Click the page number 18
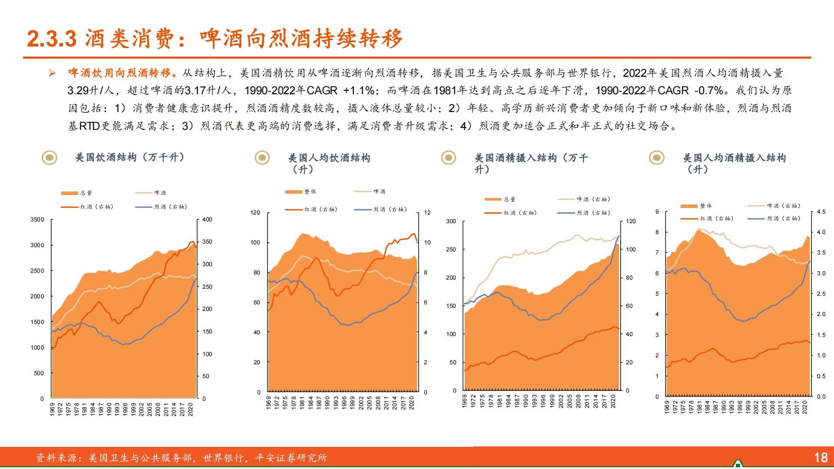click(821, 457)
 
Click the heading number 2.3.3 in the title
click(52, 39)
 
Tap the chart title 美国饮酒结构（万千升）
click(130, 157)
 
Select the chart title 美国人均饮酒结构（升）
click(329, 163)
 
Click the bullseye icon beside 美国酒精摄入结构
click(448, 158)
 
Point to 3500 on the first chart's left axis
click(37, 220)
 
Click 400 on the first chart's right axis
click(207, 220)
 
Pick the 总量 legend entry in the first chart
click(77, 193)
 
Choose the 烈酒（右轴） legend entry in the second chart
click(381, 209)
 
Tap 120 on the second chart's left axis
click(255, 213)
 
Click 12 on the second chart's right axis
click(427, 213)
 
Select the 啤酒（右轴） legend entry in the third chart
click(585, 199)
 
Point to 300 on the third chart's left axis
click(451, 221)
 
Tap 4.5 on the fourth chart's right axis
click(821, 212)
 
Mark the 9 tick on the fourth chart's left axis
click(657, 212)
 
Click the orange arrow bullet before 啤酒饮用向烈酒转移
click(52, 73)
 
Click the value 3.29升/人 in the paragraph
click(90, 91)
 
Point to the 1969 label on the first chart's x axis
click(52, 409)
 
